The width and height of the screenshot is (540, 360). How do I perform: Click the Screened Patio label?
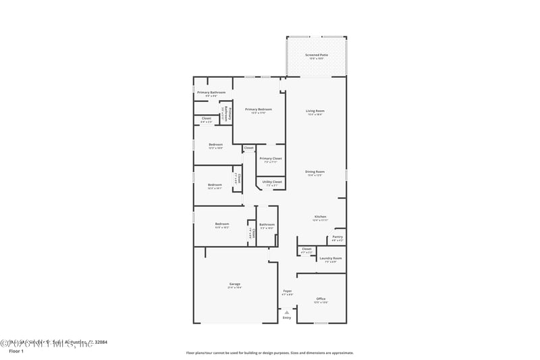pyautogui.click(x=315, y=55)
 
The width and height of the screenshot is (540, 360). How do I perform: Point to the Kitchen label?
pyautogui.click(x=320, y=217)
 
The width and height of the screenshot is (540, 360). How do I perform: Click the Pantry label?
pyautogui.click(x=337, y=237)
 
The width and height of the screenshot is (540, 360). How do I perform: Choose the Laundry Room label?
pyautogui.click(x=330, y=258)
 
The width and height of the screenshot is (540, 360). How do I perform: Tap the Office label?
pyautogui.click(x=321, y=299)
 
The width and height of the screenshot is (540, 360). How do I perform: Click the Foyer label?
pyautogui.click(x=287, y=291)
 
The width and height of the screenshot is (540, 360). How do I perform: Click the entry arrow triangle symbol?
pyautogui.click(x=287, y=311)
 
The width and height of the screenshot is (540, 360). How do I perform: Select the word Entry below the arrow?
pyautogui.click(x=287, y=317)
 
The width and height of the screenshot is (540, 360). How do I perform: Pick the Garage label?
pyautogui.click(x=234, y=284)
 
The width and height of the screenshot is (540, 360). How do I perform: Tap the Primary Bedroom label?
pyautogui.click(x=259, y=109)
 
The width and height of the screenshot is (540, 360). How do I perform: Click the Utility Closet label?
pyautogui.click(x=272, y=182)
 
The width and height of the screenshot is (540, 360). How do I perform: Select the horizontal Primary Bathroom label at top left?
pyautogui.click(x=211, y=93)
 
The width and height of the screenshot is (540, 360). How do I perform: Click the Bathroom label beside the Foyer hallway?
pyautogui.click(x=267, y=224)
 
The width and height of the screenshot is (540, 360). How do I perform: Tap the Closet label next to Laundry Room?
pyautogui.click(x=306, y=249)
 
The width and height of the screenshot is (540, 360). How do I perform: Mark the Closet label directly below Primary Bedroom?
pyautogui.click(x=248, y=147)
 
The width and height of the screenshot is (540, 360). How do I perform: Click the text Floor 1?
pyautogui.click(x=16, y=351)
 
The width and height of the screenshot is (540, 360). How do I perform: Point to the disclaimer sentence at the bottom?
pyautogui.click(x=269, y=353)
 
